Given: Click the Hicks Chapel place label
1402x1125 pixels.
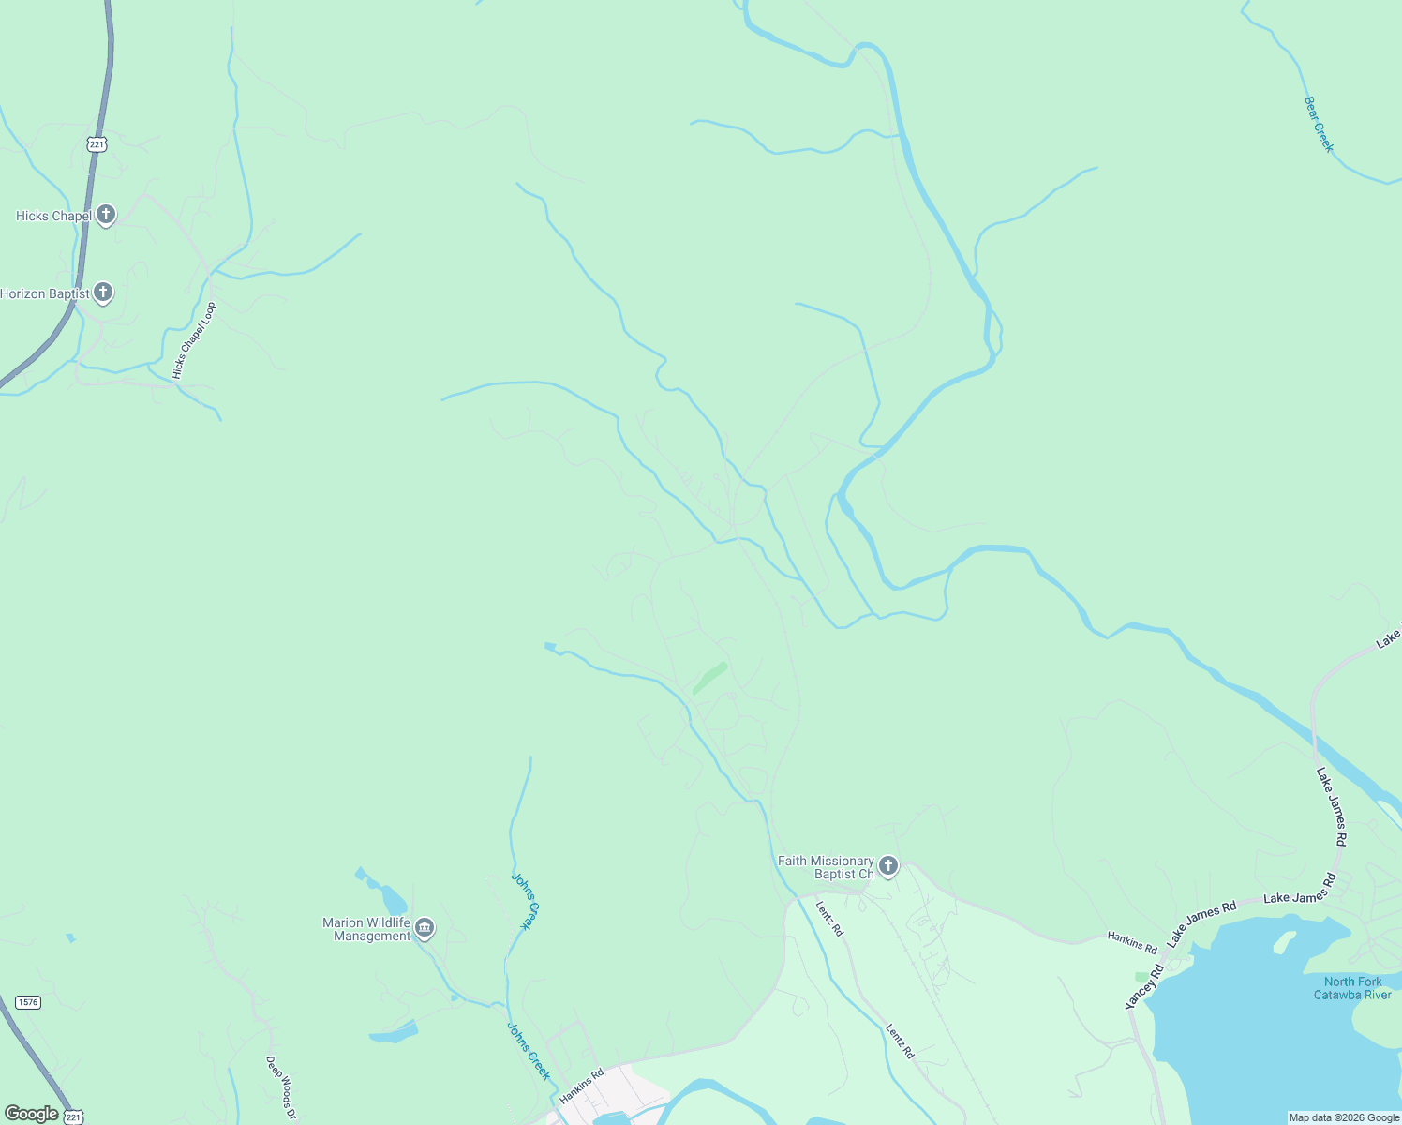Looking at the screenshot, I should [53, 216].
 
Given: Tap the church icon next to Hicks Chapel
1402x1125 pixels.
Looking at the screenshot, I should [106, 215].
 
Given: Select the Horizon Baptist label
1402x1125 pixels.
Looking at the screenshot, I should [45, 293].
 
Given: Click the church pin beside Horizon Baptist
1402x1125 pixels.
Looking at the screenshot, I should [103, 292].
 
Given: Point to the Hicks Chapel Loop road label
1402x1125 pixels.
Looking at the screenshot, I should [194, 341].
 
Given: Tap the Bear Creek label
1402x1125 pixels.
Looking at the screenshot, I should [1319, 124].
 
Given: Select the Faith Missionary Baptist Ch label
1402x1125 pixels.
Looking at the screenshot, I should [826, 867].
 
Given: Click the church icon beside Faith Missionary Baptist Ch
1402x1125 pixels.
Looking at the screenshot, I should [888, 865].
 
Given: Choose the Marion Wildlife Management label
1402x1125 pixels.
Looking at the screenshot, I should [366, 929].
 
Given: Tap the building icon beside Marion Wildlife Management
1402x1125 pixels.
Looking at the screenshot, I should [425, 928].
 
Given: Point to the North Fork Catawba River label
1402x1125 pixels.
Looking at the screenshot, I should [1352, 988].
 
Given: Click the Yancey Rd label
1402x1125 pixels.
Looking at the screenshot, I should [1143, 987].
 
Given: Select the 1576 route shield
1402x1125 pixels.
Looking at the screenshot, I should [27, 1002].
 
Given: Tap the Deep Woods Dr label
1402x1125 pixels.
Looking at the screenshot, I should [281, 1088].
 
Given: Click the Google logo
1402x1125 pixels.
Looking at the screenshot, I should [31, 1114].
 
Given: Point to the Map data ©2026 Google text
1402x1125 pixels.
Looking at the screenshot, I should [1343, 1117].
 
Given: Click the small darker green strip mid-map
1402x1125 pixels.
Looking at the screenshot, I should [709, 678].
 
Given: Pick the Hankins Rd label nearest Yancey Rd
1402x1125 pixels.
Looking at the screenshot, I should [1132, 941].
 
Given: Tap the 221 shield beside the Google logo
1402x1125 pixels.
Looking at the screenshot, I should [74, 1117].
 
